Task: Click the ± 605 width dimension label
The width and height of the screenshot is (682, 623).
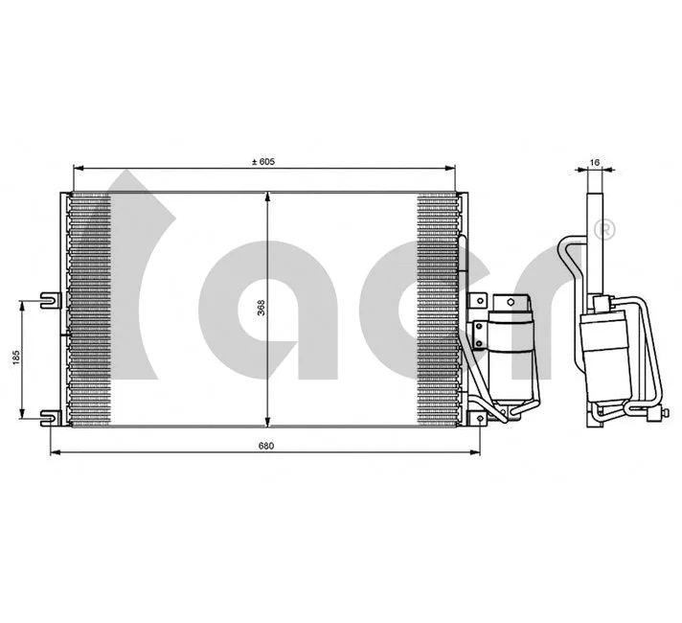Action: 262,162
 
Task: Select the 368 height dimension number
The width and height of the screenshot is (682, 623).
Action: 261,309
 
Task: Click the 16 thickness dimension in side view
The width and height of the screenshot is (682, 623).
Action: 594,163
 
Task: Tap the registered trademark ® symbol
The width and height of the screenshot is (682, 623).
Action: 604,229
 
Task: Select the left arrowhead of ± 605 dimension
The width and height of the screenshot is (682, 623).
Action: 78,170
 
